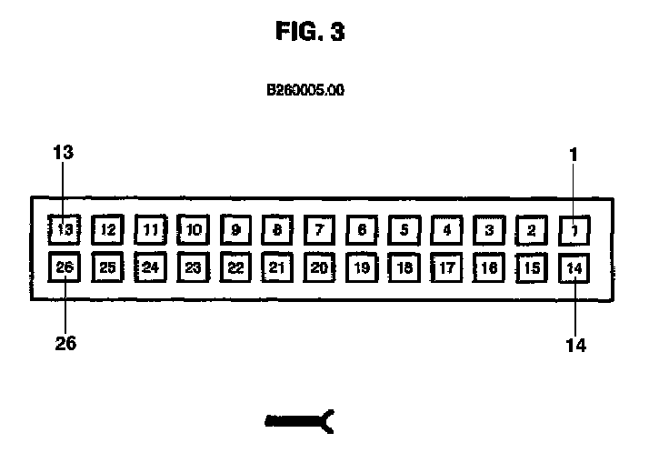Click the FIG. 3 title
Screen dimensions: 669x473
(310, 32)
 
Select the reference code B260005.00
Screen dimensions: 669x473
(305, 91)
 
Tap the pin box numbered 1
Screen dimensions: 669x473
(574, 230)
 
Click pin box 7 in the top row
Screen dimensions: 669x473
(319, 230)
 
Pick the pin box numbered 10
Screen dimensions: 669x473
(193, 230)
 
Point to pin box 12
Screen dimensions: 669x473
(108, 230)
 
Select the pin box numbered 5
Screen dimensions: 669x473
(404, 230)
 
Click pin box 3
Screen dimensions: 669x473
(489, 230)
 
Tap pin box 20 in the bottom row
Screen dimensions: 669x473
(319, 267)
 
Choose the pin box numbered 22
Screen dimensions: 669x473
(235, 267)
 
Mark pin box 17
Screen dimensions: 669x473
(446, 267)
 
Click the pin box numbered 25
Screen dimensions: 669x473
(108, 267)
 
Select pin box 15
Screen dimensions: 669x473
(532, 267)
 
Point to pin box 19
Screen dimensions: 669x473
(362, 267)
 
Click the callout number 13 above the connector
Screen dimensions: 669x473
(63, 153)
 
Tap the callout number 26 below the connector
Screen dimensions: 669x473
(65, 344)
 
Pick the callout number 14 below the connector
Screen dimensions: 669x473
(574, 345)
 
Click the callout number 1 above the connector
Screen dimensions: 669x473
(574, 154)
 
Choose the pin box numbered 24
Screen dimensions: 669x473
(150, 267)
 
